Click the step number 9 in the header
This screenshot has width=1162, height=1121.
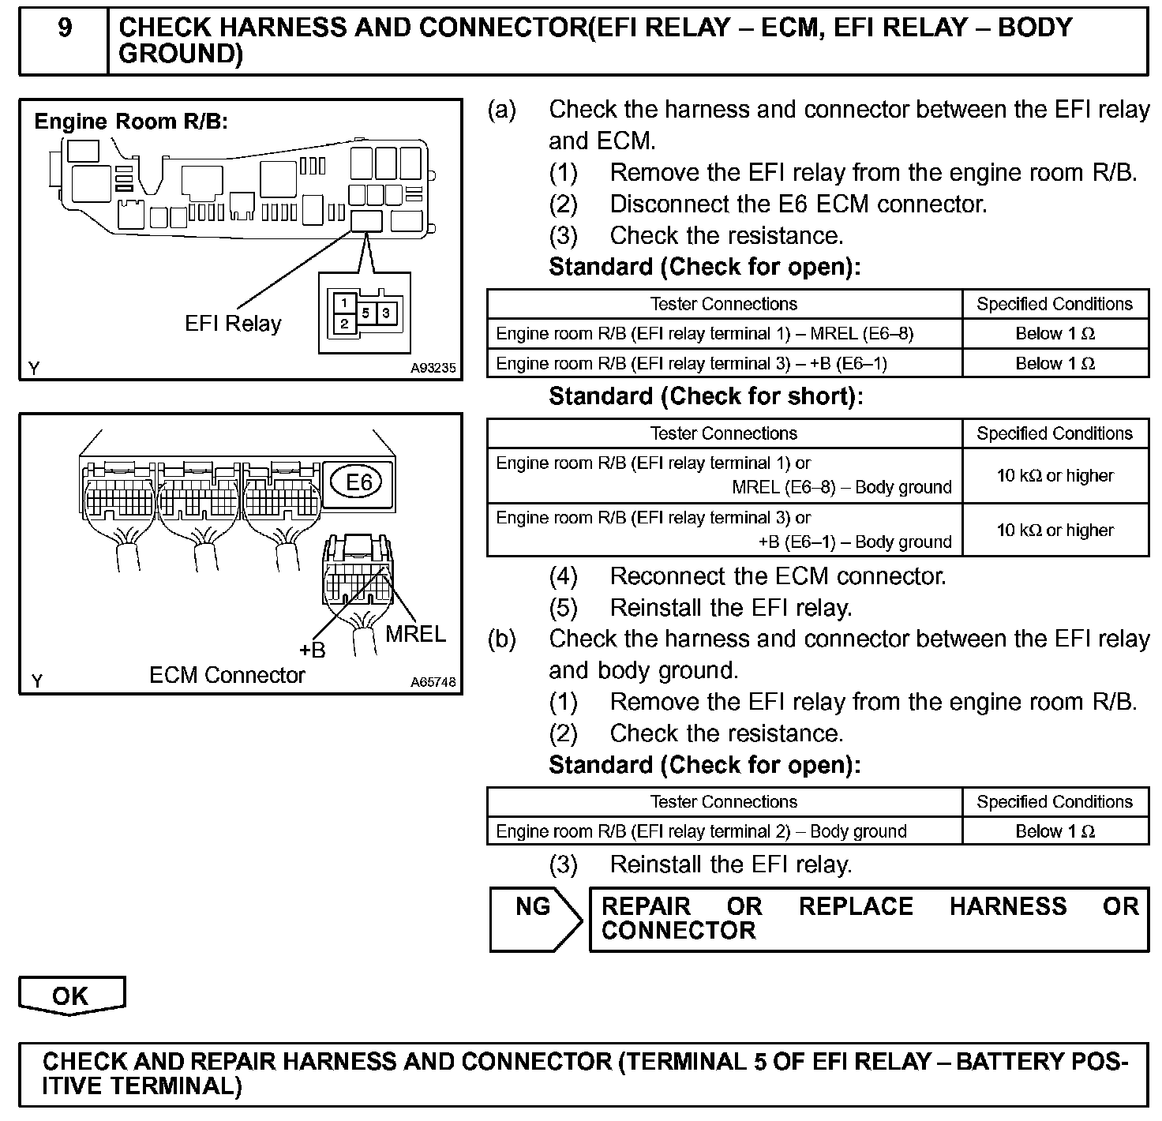pos(65,28)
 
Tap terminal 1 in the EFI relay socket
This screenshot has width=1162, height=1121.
pos(344,302)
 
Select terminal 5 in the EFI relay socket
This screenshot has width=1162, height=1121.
pos(365,313)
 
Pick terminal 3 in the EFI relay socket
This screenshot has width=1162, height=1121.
pos(385,313)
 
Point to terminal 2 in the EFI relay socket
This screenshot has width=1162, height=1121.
pos(344,324)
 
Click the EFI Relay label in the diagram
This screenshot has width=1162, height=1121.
pos(233,324)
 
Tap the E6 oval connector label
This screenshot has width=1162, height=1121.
pos(359,481)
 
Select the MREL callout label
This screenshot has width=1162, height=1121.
pos(415,633)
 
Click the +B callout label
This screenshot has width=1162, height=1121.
pos(312,650)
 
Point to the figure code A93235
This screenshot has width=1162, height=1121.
pos(433,368)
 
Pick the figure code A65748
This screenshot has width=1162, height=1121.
pos(433,682)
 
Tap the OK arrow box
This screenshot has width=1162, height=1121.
pos(71,995)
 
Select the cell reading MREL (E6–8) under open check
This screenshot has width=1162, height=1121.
pos(704,333)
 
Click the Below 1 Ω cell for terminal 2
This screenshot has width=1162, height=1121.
pos(1055,831)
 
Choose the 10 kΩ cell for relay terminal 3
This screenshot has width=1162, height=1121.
pos(1055,530)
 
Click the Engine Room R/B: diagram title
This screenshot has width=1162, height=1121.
pos(131,122)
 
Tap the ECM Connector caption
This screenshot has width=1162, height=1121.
pos(227,676)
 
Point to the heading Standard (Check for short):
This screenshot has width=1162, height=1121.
pos(706,396)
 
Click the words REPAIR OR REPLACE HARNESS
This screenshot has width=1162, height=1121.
pos(834,906)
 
